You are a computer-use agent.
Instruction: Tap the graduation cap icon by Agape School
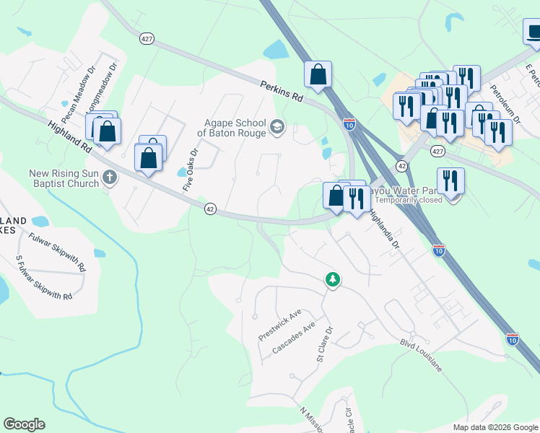[276, 128]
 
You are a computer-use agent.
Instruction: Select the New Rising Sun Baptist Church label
[64, 178]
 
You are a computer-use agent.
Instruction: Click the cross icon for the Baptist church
[110, 177]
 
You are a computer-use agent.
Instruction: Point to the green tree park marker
[332, 279]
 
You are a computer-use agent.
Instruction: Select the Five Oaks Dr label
[190, 170]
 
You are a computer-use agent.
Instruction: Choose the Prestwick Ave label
[279, 326]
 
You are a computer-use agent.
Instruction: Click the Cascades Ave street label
[294, 338]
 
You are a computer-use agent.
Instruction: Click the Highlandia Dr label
[384, 230]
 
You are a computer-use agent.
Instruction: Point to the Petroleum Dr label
[505, 102]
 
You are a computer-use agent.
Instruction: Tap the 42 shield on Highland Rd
[210, 209]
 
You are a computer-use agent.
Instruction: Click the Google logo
[24, 424]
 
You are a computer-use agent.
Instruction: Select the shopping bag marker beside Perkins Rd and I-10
[318, 74]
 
